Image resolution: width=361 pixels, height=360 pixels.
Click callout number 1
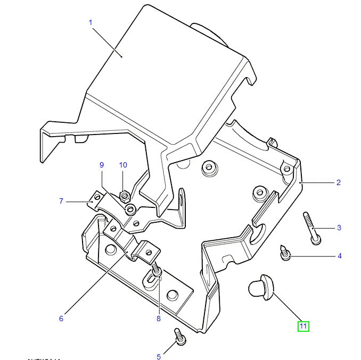click(x=91, y=22)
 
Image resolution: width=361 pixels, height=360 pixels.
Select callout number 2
click(x=338, y=182)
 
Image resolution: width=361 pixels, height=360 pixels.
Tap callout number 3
click(x=339, y=228)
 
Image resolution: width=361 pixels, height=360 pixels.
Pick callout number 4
click(x=339, y=256)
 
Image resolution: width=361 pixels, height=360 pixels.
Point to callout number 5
click(x=159, y=356)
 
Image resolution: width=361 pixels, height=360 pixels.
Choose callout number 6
click(x=61, y=318)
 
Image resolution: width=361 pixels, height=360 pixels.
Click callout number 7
click(x=61, y=201)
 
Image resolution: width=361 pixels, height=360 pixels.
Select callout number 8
click(x=158, y=319)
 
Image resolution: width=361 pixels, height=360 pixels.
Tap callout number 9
click(x=101, y=165)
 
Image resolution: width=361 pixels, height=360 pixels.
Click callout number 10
click(x=123, y=165)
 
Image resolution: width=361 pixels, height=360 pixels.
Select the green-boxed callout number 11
click(x=303, y=326)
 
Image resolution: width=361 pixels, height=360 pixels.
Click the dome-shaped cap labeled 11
click(x=260, y=287)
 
